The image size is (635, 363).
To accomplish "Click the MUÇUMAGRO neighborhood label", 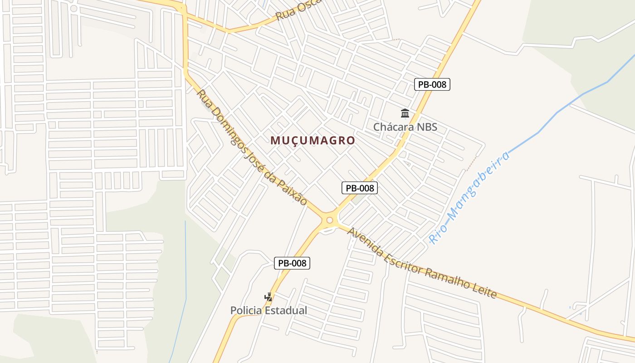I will [313, 141].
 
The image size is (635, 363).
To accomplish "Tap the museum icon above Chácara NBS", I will [405, 113].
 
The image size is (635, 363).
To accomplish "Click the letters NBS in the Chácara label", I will [427, 127].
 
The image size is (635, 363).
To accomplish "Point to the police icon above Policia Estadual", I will [269, 297].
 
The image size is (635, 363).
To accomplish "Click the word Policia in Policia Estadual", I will [247, 311].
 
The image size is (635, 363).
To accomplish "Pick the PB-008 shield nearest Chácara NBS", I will [432, 84].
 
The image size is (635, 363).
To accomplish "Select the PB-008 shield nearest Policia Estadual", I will [292, 263].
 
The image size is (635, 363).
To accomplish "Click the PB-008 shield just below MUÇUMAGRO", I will [360, 188].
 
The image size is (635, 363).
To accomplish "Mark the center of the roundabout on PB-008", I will [330, 221].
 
